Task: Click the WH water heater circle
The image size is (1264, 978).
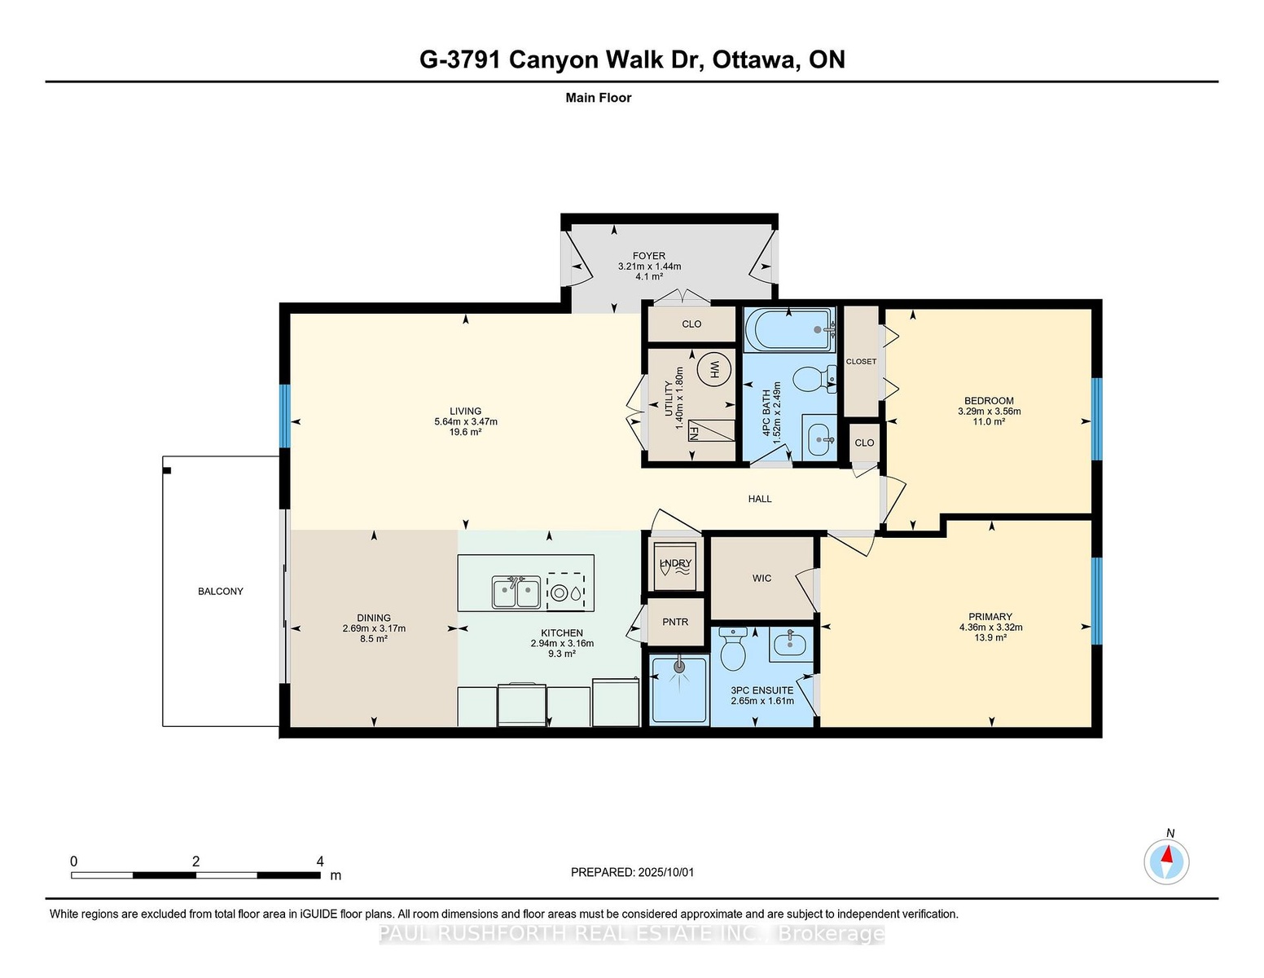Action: point(713,368)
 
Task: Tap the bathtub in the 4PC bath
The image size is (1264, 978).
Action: point(790,329)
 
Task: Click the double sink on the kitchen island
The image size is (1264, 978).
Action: point(516,592)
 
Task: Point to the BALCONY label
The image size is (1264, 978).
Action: point(221,591)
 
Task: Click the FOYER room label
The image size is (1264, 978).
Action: point(649,256)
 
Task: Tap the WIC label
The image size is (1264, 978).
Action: point(762,578)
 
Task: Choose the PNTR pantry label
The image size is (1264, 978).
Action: point(675,622)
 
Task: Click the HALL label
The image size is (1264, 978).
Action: point(760,499)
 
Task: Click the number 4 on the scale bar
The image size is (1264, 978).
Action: point(320,861)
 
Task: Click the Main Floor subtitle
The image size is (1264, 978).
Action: point(599,98)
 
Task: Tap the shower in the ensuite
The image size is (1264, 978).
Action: point(678,690)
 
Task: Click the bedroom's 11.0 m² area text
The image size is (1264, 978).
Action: point(989,421)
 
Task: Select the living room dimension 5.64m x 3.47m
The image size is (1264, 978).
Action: point(466,422)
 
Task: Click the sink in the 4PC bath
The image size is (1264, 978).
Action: point(819,437)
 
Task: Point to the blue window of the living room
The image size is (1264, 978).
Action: point(285,416)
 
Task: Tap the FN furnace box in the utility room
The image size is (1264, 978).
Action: point(710,430)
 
